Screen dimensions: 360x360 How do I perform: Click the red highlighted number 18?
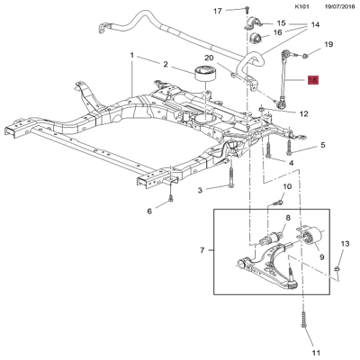click(x=312, y=80)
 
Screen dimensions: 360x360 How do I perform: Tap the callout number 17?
click(x=218, y=11)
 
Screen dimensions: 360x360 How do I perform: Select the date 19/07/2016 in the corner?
click(x=340, y=6)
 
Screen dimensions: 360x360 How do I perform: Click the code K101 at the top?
click(x=301, y=6)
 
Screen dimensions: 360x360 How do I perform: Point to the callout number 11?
click(x=316, y=353)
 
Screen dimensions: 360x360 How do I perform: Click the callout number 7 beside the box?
click(x=202, y=249)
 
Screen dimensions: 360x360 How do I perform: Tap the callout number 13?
click(x=345, y=244)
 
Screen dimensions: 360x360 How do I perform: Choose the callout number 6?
click(x=149, y=211)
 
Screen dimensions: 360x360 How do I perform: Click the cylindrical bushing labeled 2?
click(x=205, y=73)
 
